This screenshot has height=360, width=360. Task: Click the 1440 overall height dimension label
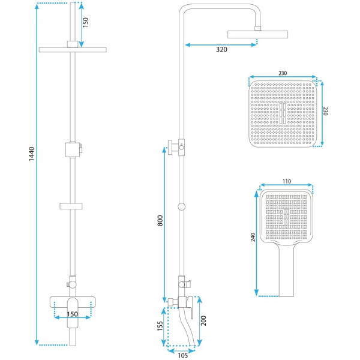coord(31,154)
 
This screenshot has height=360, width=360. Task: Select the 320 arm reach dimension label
coord(221,49)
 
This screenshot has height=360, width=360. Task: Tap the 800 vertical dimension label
coord(160,221)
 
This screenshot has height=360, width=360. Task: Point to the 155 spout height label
coord(160,326)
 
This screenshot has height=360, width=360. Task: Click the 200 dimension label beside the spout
coord(203,320)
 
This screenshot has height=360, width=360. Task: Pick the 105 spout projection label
coord(183,355)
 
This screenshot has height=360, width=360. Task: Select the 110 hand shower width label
coord(287,181)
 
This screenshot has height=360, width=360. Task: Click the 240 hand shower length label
coord(253,237)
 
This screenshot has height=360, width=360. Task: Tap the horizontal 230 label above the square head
coord(283,73)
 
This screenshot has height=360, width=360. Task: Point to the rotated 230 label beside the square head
coord(325,111)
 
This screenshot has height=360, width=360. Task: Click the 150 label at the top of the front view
coord(85,22)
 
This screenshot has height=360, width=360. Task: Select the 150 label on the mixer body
coord(73,314)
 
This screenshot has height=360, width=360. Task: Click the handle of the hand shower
coord(286,271)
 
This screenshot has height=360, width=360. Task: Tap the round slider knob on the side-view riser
coord(181,206)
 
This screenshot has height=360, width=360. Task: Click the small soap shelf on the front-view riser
coord(71,206)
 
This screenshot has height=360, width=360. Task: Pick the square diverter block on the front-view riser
coord(73,149)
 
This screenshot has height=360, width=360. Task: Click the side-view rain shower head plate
coord(257,34)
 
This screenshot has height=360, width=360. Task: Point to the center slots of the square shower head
coord(283,113)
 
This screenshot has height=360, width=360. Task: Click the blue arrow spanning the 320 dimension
coord(221,45)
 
